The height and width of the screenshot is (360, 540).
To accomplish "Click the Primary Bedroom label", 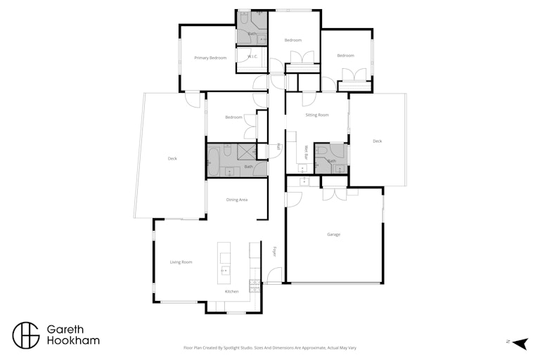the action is (210, 58).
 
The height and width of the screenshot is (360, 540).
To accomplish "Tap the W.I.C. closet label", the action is (252, 56).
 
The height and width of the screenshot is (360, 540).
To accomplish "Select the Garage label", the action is (333, 235).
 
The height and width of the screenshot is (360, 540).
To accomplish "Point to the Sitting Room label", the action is (317, 115).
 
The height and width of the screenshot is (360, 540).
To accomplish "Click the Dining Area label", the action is (236, 200).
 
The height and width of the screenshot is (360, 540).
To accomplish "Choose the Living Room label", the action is (181, 262).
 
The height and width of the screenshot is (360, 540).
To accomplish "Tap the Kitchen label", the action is (231, 291).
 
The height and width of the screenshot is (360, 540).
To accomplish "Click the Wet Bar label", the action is (306, 153).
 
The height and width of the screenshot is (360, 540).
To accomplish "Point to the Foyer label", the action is (274, 252).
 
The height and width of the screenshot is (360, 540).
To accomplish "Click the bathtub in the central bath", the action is (214, 162).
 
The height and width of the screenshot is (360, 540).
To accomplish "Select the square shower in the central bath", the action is (247, 152).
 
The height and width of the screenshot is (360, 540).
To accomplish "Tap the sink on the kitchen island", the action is (225, 271).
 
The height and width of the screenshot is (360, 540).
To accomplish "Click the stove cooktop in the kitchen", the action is (254, 286).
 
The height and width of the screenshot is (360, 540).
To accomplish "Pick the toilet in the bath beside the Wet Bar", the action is (321, 150).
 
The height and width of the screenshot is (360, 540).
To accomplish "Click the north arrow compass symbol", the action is (520, 343).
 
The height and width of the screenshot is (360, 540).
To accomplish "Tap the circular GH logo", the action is (26, 335).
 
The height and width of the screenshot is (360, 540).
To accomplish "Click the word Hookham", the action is (73, 341).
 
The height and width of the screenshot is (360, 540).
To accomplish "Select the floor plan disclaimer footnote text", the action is (270, 348).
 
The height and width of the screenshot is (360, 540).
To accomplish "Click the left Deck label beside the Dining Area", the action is (172, 159).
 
